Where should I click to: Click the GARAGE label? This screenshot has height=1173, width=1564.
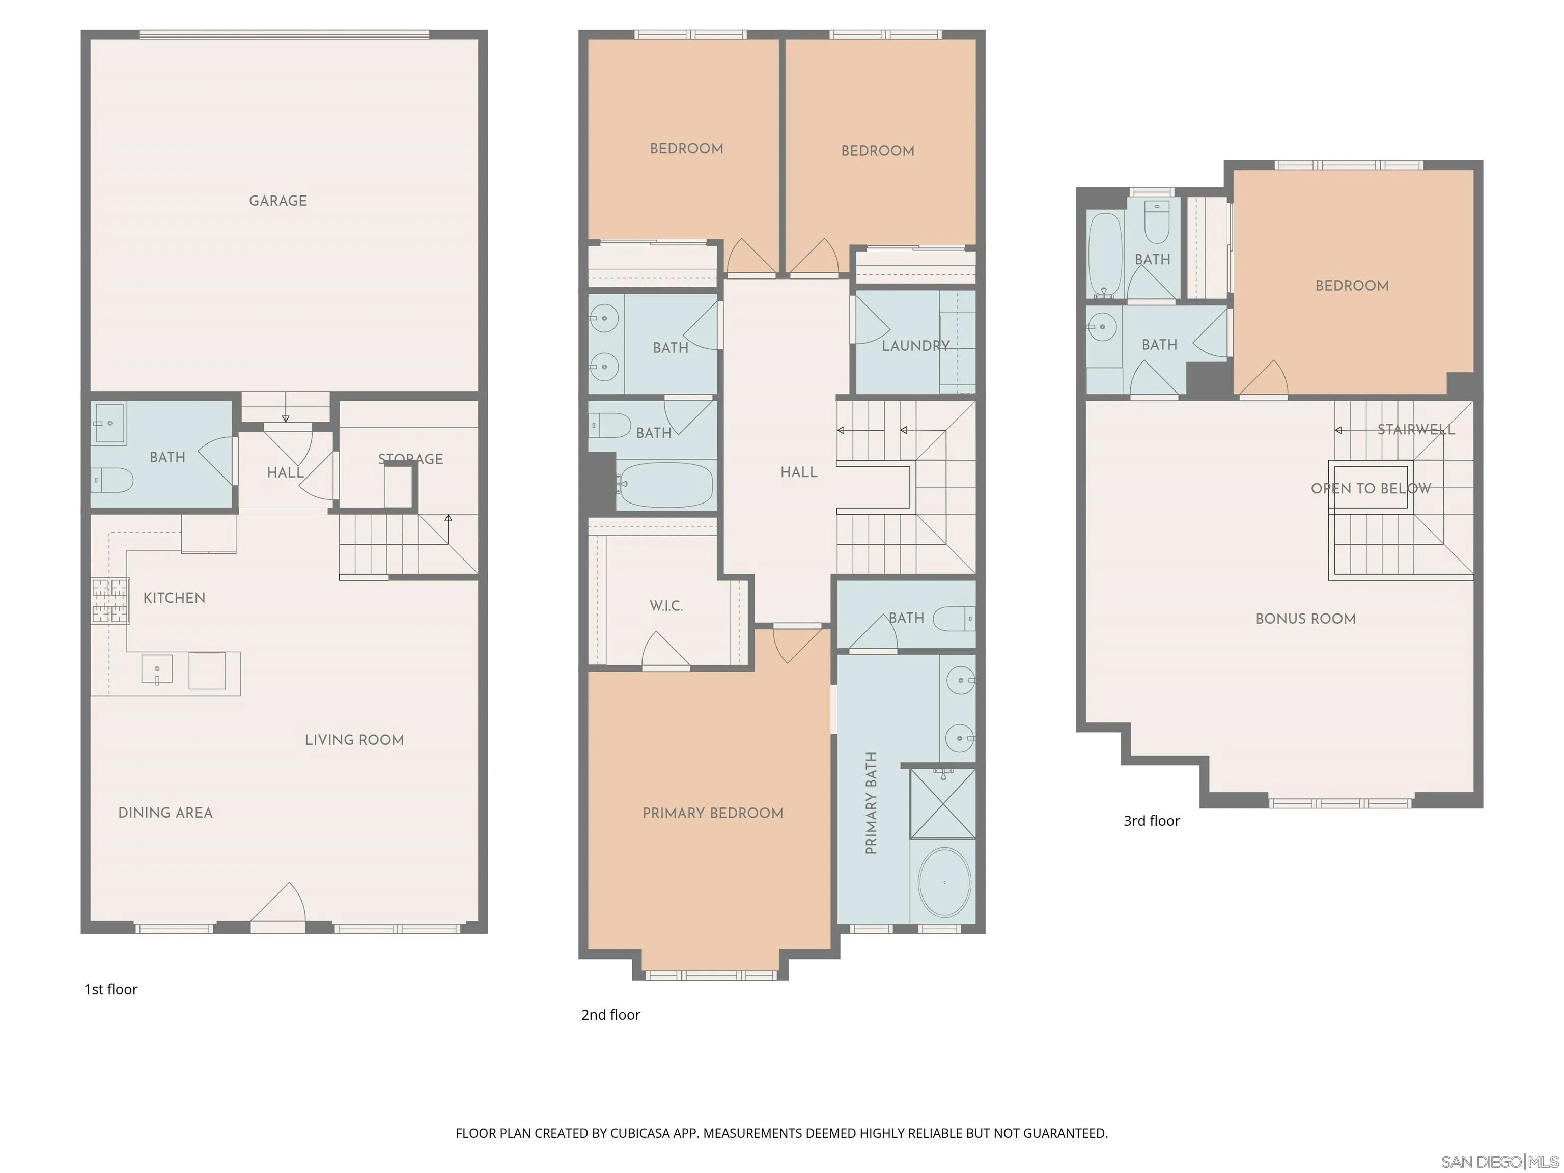click(278, 201)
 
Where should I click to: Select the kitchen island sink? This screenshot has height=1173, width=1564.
click(156, 669)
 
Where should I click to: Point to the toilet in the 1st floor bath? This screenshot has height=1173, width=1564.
click(113, 481)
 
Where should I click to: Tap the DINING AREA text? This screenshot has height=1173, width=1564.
click(165, 813)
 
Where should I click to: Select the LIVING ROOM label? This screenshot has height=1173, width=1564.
click(354, 740)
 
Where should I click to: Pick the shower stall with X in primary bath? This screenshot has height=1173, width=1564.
click(942, 804)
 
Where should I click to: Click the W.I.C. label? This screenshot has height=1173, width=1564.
click(666, 606)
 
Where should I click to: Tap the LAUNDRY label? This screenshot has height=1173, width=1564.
click(915, 346)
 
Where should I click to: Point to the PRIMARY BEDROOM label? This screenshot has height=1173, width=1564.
click(713, 813)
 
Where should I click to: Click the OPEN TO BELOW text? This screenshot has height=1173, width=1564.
click(1370, 489)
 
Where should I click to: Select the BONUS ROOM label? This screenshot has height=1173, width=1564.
click(1305, 619)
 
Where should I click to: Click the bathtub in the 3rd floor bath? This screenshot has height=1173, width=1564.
click(1105, 255)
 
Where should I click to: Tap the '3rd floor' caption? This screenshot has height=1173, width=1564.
click(1151, 821)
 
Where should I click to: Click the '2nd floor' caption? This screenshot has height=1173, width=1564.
click(610, 1015)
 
